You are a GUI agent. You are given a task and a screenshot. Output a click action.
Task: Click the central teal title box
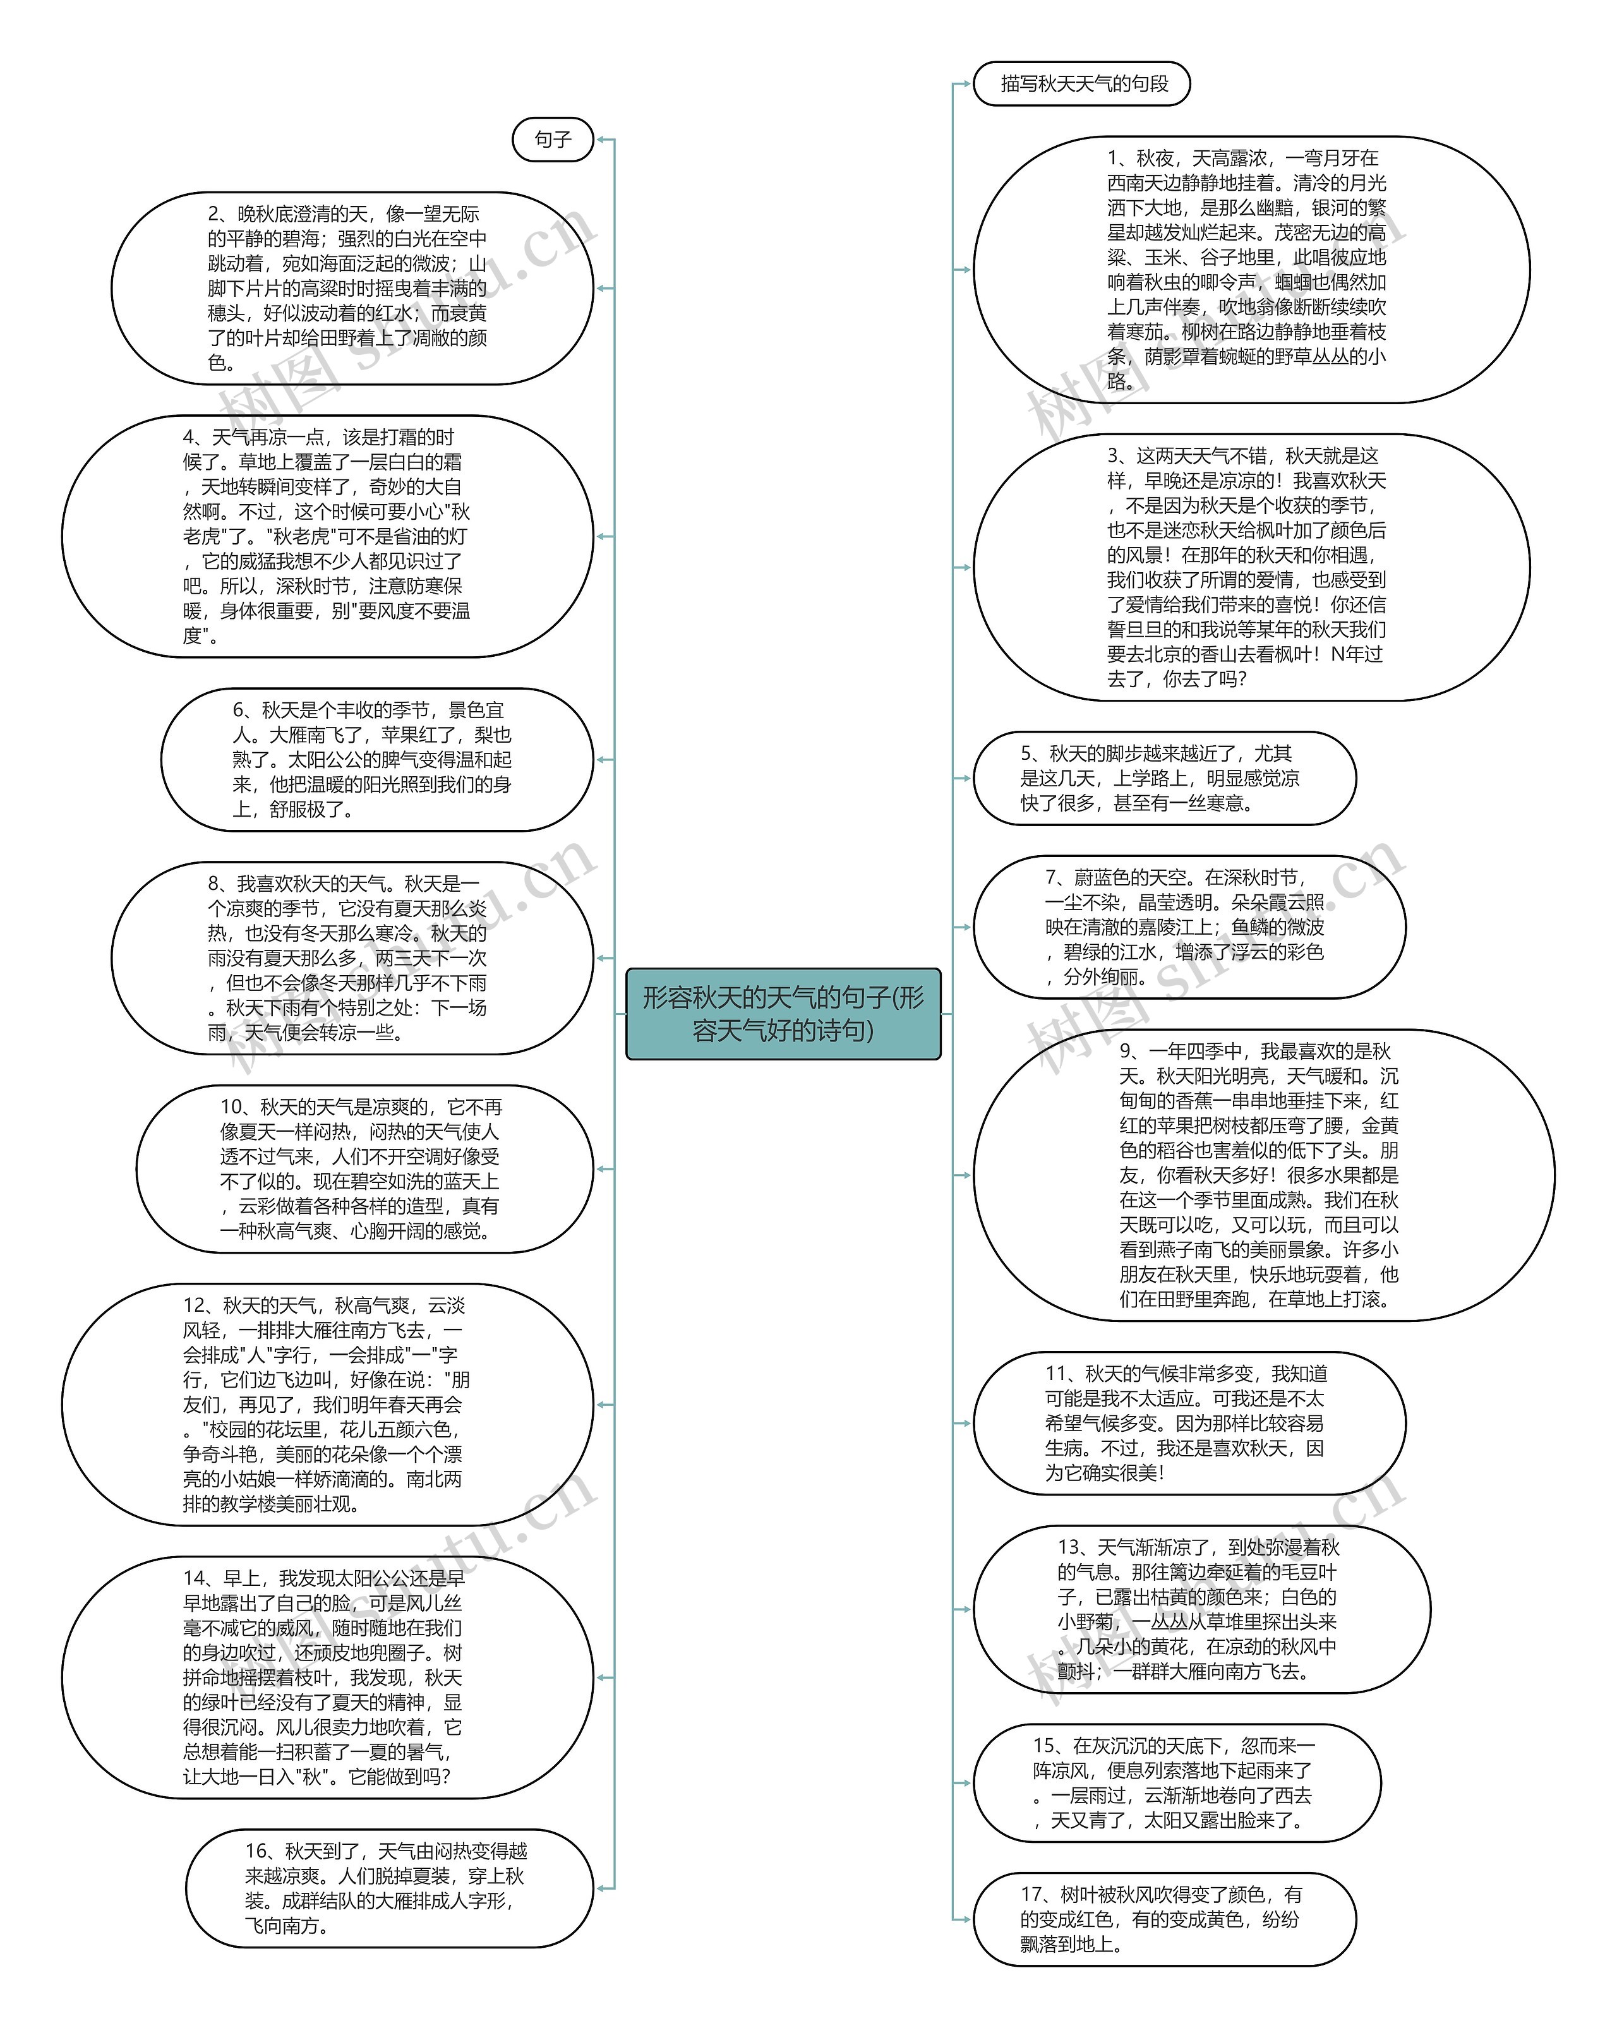tap(783, 1013)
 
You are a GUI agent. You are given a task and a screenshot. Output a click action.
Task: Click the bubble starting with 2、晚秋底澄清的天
tap(352, 289)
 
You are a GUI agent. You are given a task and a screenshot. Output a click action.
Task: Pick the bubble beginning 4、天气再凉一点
tap(327, 536)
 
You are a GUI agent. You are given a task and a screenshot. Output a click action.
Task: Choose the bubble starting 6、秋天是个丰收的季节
tap(376, 759)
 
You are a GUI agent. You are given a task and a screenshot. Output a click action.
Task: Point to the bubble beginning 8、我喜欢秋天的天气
tap(352, 957)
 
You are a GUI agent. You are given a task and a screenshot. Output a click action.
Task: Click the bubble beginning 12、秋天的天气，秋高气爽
tap(327, 1405)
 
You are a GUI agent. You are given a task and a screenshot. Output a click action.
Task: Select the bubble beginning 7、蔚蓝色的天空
tap(1188, 927)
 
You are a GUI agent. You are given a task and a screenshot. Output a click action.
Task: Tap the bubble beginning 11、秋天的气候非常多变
tap(1188, 1423)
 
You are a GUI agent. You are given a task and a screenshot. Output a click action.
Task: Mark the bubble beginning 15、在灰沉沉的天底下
tap(1176, 1782)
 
